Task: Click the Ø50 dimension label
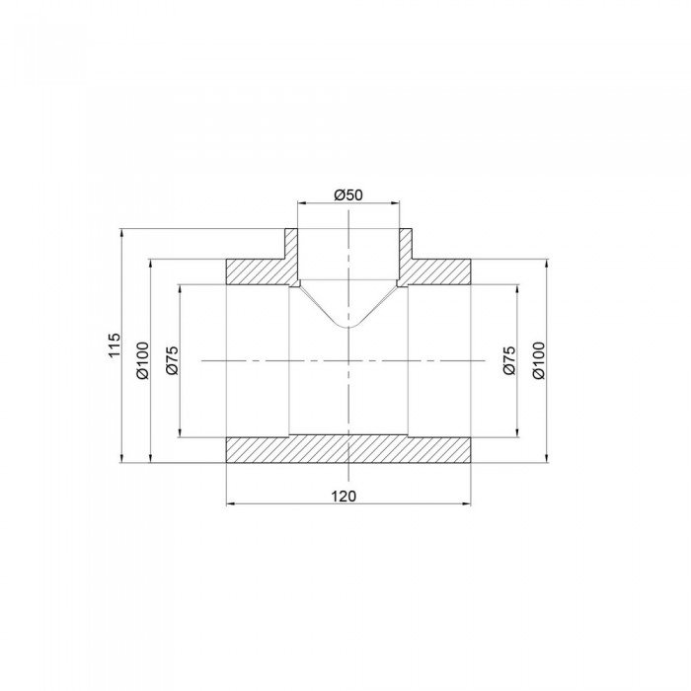pyautogui.click(x=349, y=194)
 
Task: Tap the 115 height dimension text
pyautogui.click(x=114, y=345)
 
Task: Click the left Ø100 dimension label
pyautogui.click(x=142, y=361)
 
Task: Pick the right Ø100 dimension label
pyautogui.click(x=538, y=361)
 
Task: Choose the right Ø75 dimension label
pyautogui.click(x=508, y=361)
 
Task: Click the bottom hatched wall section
pyautogui.click(x=348, y=449)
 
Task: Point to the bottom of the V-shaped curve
pyautogui.click(x=348, y=327)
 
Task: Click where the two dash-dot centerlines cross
pyautogui.click(x=348, y=361)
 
